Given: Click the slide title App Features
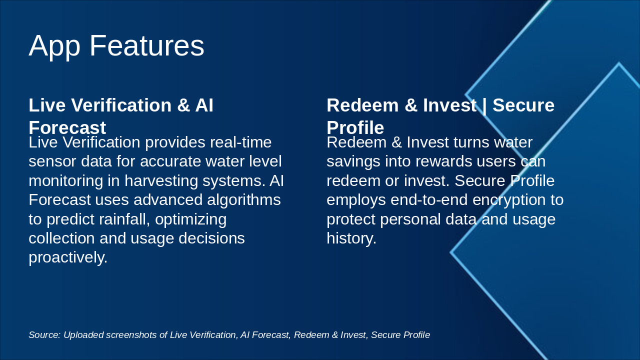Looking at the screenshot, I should coord(116,45).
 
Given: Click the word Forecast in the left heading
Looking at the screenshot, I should coord(67,127).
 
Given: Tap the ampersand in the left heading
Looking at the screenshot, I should coord(183,105).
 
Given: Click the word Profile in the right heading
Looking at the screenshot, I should coord(355,127).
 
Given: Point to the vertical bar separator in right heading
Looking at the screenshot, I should coord(484,105).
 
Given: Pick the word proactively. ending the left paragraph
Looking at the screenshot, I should coord(68,257).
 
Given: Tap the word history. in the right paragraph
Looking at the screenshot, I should coord(351,238).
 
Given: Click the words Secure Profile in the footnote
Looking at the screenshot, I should coord(400,335).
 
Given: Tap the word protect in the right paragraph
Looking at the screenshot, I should coord(350,219).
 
